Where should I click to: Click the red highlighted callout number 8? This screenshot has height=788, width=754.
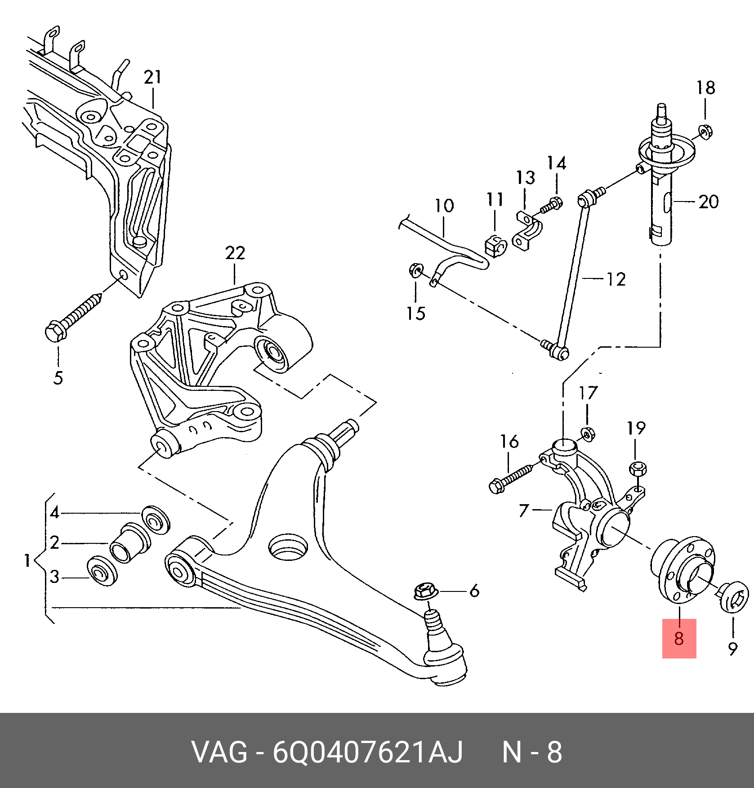coord(678,638)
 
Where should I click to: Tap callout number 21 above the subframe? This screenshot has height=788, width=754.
coord(152,77)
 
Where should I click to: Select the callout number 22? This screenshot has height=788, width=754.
coord(235,253)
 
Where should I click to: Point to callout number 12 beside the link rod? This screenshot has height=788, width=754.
coord(616,279)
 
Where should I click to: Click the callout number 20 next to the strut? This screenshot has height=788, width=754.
coord(708,201)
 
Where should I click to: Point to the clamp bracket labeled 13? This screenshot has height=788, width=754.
coord(527,231)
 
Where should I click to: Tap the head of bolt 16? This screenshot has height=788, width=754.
coord(496,486)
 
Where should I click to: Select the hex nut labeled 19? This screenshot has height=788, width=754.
coord(638,469)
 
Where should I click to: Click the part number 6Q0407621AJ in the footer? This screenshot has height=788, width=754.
coord(367,752)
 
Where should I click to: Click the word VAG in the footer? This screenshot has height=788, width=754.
coord(219,752)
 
